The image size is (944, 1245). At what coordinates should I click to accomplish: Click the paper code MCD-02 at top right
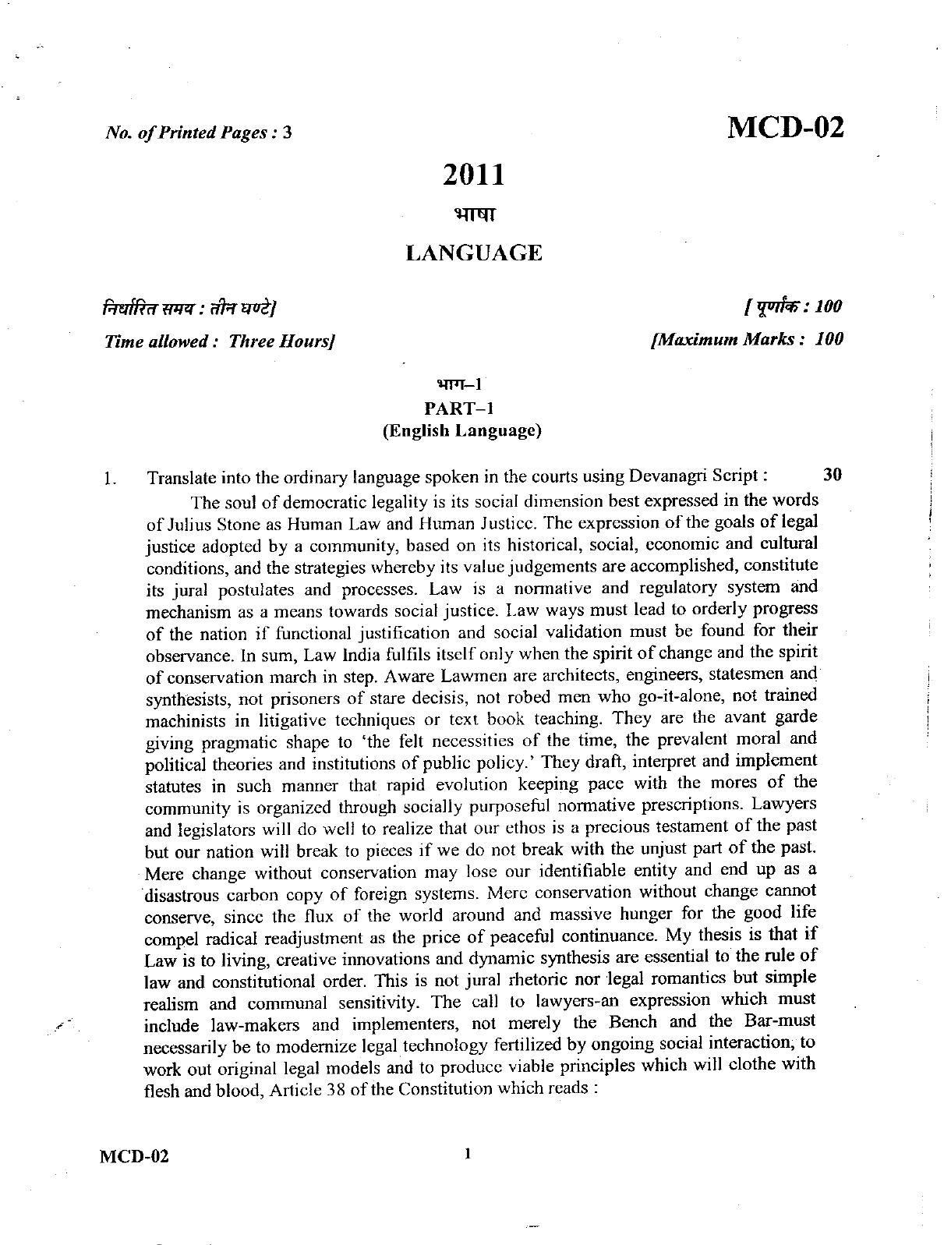tap(785, 127)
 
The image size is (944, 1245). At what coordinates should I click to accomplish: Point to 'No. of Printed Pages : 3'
tap(198, 133)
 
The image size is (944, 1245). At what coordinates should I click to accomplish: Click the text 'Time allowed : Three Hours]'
tap(219, 341)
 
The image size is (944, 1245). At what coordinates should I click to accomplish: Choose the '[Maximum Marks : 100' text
tap(747, 339)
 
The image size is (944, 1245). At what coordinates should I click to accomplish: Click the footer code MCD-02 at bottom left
tap(133, 1155)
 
